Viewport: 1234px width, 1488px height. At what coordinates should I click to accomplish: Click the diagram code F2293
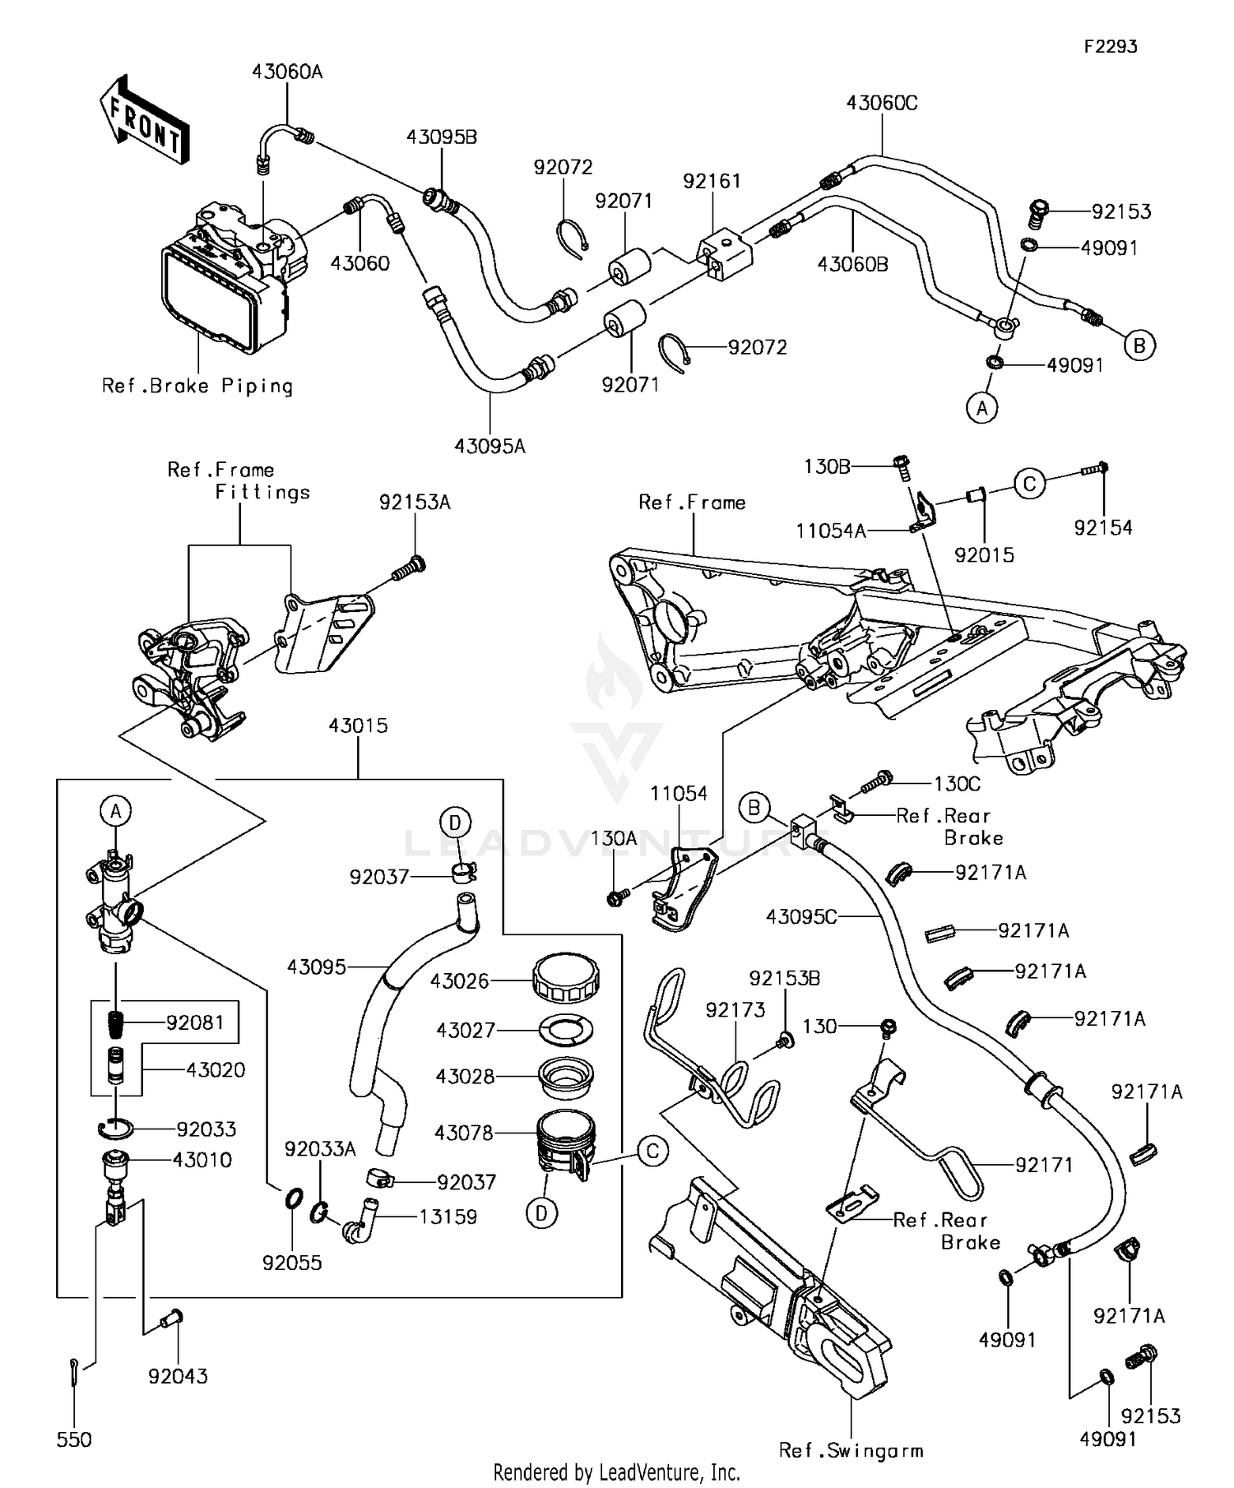(x=1110, y=47)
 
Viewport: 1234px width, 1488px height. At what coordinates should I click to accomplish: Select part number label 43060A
(x=287, y=72)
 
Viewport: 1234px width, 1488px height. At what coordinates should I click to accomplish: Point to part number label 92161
(x=712, y=181)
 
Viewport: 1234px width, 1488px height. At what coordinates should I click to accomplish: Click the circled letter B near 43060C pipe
(x=1139, y=345)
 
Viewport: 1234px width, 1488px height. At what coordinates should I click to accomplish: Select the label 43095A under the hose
(x=489, y=446)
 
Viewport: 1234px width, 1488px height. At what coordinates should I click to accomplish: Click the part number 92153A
(x=415, y=503)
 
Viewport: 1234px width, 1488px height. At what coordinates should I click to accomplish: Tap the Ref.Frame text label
(x=692, y=503)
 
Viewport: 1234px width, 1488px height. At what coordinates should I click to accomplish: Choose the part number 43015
(x=358, y=725)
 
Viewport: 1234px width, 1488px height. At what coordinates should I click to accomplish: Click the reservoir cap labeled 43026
(x=565, y=978)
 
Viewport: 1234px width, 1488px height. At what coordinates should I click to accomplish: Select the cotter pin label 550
(x=74, y=1439)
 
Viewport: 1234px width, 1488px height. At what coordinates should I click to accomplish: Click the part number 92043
(x=178, y=1375)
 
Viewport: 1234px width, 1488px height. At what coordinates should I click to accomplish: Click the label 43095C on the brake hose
(x=800, y=916)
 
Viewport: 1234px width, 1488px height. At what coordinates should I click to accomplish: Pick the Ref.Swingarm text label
(x=851, y=1450)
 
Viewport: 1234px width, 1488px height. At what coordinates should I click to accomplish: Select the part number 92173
(x=735, y=1009)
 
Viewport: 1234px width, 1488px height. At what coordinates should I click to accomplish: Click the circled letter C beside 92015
(x=1029, y=484)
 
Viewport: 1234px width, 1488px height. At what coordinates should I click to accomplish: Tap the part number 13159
(x=448, y=1217)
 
